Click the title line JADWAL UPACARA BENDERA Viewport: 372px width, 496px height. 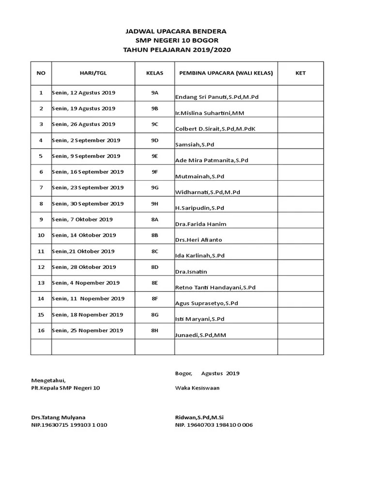[176, 31]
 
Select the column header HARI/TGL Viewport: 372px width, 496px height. [93, 73]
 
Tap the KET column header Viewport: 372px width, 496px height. [300, 73]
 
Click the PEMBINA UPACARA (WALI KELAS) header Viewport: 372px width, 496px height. [226, 73]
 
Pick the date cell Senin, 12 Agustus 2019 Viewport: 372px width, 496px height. [83, 93]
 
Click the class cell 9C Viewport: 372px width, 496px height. [155, 124]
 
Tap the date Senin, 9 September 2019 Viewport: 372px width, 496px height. [86, 156]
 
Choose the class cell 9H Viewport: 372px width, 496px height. [155, 203]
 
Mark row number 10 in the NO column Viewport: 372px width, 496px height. [41, 235]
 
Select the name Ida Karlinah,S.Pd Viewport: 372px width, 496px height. [200, 256]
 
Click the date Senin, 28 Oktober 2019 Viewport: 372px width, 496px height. [84, 267]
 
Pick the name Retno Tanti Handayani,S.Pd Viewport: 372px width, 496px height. [215, 288]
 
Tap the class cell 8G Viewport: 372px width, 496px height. [155, 314]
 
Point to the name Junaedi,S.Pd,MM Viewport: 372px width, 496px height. [201, 335]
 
